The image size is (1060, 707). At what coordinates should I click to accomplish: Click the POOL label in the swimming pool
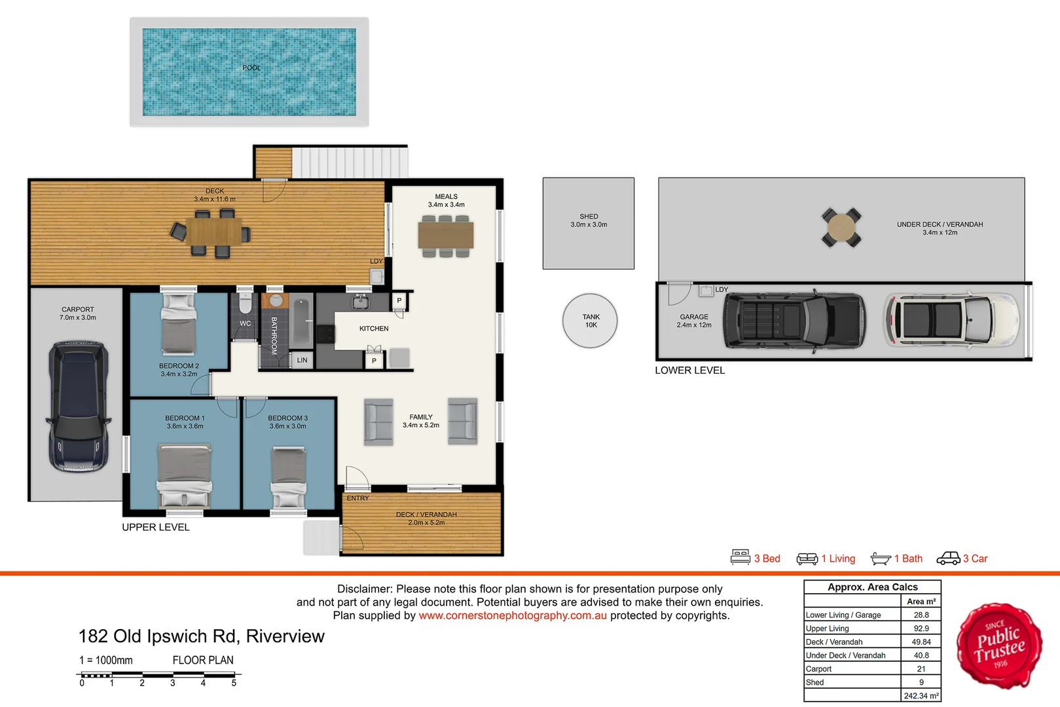coord(251,68)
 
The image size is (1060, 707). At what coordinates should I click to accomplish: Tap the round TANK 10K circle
coord(590,321)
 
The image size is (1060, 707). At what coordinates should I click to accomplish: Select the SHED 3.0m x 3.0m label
coord(589,221)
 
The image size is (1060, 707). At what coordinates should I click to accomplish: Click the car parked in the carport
coord(78,406)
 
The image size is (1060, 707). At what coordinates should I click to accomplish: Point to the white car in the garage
coord(951,319)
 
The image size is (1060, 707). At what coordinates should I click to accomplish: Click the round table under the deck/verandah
coord(841,227)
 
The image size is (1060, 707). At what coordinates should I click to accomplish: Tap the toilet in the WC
coord(245,303)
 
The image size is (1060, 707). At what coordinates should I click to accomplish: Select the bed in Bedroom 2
coord(179,324)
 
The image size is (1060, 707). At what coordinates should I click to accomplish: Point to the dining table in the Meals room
coord(446,235)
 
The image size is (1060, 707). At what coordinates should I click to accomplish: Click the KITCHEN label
coord(374,329)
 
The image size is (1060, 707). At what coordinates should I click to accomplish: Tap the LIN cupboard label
coord(302,360)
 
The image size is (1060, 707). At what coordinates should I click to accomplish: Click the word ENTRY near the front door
coord(357,498)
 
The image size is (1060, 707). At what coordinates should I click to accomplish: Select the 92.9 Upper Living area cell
coord(921,628)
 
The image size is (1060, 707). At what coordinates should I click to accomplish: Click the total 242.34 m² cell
coord(921,696)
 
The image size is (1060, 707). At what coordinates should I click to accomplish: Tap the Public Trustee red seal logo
coord(999,646)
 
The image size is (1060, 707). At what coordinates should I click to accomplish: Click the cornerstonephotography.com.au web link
coord(513,615)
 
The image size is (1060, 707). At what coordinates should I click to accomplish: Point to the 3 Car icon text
coord(974,558)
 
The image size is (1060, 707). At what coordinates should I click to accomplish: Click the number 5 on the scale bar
coord(234,683)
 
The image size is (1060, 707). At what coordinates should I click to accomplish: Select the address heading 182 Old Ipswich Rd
coord(201,636)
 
